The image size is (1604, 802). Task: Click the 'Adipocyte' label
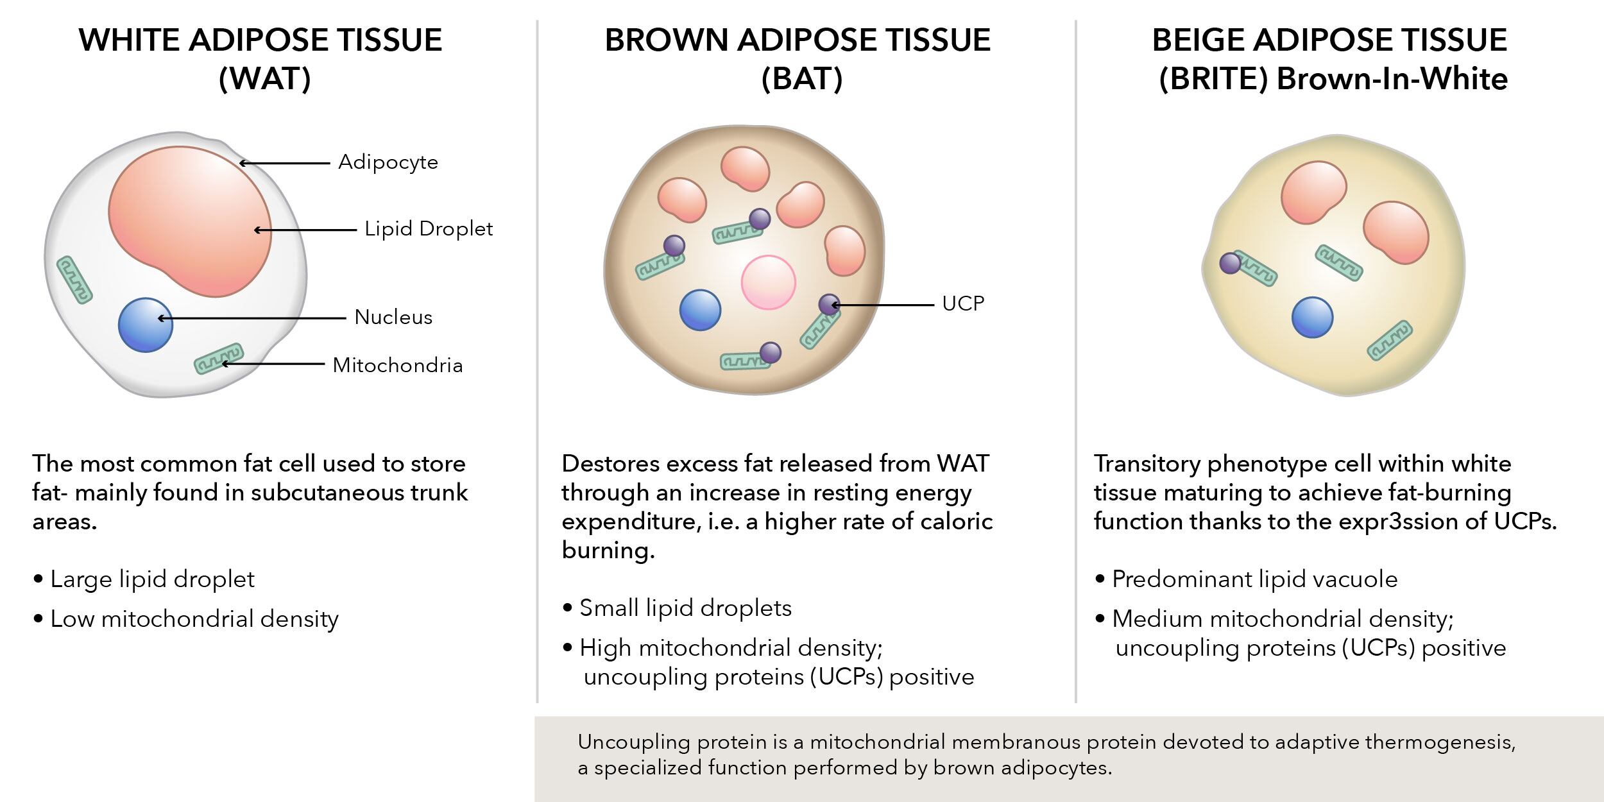click(x=388, y=162)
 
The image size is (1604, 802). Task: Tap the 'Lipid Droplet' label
click(x=429, y=229)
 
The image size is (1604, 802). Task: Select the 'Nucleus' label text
click(x=393, y=317)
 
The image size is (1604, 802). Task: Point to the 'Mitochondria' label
click(x=398, y=366)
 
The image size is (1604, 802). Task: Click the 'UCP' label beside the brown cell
click(x=962, y=303)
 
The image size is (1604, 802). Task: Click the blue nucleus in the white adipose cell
click(x=146, y=325)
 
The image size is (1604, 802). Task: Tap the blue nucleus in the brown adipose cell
click(x=700, y=310)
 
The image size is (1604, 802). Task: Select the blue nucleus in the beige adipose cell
click(x=1312, y=317)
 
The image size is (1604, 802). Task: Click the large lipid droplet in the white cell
click(x=190, y=221)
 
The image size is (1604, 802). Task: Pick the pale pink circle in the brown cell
click(x=768, y=282)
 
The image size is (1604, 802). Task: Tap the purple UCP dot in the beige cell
click(x=1230, y=263)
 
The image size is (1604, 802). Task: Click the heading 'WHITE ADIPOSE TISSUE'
click(x=260, y=40)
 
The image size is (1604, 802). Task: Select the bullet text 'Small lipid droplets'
click(x=685, y=608)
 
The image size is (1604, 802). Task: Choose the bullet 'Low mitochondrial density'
click(x=194, y=619)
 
